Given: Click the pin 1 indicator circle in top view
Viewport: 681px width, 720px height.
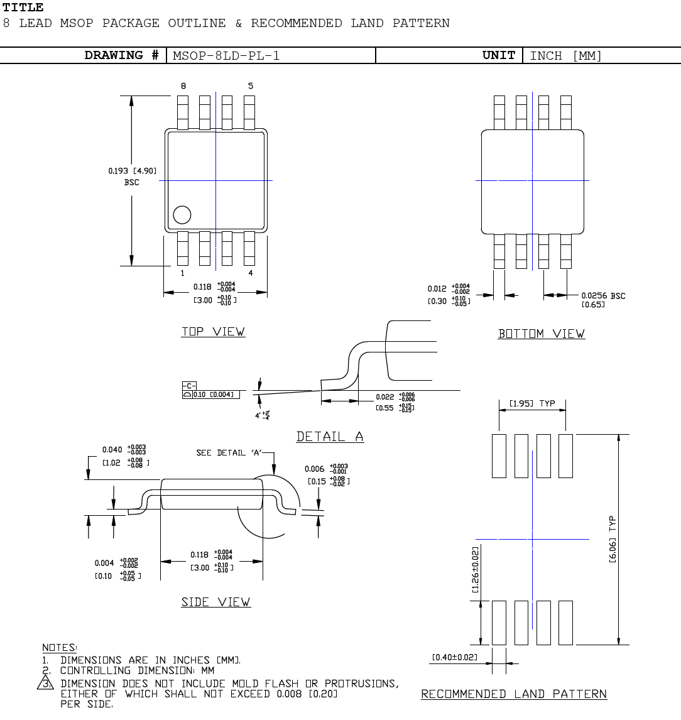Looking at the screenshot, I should tap(182, 215).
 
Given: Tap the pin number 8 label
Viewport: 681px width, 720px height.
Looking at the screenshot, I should tap(183, 86).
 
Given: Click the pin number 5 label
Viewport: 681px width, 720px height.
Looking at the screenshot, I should tap(250, 86).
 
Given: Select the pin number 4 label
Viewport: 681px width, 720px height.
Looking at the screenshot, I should tap(250, 273).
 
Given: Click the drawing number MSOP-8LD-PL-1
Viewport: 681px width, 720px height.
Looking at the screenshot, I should tap(226, 55).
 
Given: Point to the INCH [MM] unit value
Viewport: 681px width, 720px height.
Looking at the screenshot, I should tap(565, 55).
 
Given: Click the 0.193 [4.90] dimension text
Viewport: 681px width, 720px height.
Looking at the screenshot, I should tap(132, 171).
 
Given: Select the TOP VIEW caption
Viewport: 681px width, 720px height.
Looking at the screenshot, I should tap(213, 332).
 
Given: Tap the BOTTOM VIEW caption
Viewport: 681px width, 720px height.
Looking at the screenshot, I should tap(541, 334).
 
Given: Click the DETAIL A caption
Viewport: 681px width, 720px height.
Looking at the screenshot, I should tap(330, 437).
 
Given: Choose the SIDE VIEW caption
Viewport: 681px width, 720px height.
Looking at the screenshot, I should tap(215, 602).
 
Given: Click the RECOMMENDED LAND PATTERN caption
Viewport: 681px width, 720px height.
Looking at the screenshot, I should tap(514, 694).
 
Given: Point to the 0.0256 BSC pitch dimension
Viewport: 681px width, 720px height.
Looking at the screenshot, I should tap(602, 296).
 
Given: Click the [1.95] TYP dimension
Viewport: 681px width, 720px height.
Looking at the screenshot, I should tap(531, 403).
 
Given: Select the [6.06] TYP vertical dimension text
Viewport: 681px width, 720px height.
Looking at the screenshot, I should tap(613, 539).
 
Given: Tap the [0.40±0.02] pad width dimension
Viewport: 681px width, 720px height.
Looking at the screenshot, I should tap(454, 657).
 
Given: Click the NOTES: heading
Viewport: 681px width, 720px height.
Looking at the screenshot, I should tap(60, 647).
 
